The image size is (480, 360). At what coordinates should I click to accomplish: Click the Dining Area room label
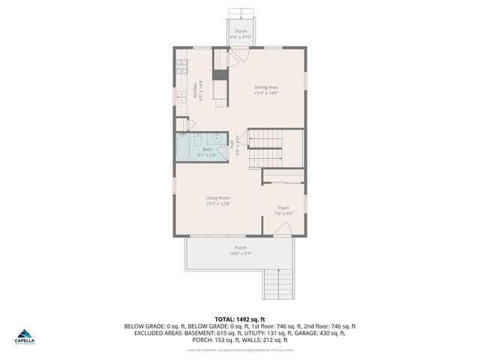point(266,88)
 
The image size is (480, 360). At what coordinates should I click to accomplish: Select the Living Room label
point(218,198)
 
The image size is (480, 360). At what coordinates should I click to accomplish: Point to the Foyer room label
point(283,208)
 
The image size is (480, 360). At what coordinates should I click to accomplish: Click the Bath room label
point(207,149)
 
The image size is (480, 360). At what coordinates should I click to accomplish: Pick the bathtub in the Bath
point(183,148)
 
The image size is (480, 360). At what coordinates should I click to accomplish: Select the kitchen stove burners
point(180,66)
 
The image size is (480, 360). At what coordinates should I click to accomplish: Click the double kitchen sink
point(180,97)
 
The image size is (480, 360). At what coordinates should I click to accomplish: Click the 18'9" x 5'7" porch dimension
point(240,253)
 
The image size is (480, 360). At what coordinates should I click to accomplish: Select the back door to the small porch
point(238,58)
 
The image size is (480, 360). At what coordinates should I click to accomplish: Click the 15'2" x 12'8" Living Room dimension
point(218,203)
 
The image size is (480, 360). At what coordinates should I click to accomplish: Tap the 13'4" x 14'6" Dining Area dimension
point(266,94)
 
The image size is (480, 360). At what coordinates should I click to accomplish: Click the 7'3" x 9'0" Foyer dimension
point(283,213)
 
